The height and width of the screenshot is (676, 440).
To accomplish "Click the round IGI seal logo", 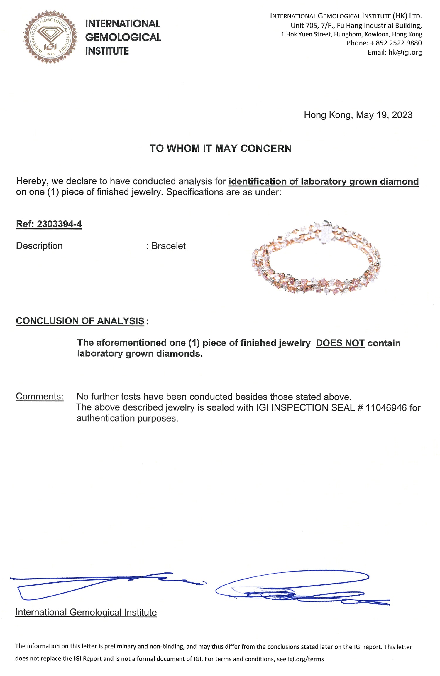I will tap(50, 37).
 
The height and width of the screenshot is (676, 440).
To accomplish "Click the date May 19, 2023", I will tap(384, 115).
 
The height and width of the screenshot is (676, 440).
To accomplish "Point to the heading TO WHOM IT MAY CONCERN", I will tap(221, 149).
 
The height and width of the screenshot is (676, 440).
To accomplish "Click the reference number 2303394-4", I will tap(59, 224).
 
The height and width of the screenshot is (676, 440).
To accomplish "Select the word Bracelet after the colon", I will tap(168, 246).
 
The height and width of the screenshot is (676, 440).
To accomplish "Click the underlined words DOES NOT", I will tap(340, 343).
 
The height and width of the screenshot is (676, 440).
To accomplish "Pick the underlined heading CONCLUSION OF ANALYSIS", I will tap(80, 321).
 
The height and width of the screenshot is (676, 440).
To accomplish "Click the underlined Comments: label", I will tap(40, 397).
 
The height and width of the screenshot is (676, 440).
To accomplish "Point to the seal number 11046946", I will tap(386, 408).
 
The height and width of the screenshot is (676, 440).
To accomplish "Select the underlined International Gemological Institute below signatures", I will tap(86, 613).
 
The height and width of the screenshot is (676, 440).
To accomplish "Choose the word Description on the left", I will tap(39, 246).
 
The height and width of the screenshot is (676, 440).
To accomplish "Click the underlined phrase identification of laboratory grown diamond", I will tap(323, 182).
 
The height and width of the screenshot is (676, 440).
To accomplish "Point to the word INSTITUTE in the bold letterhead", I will tap(107, 51).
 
